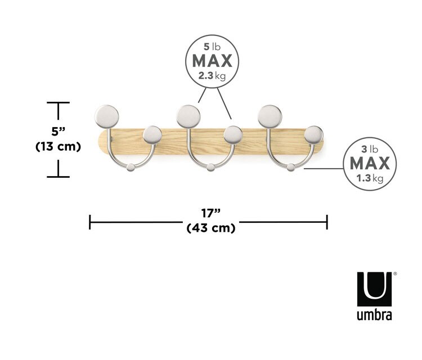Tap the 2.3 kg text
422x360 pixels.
212,76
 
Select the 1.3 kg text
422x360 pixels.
370,179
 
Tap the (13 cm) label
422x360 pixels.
59,147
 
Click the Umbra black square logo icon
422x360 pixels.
374,289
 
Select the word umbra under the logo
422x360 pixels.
374,313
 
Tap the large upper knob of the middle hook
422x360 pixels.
187,116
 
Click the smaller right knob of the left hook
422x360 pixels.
152,134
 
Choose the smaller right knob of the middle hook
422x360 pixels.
233,134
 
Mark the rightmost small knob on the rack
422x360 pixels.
314,134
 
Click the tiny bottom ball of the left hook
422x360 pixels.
130,166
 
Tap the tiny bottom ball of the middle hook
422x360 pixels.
210,166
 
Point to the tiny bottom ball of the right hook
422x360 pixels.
291,166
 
